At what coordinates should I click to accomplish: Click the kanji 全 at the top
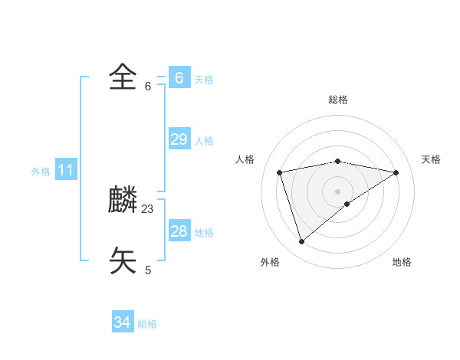(x=123, y=77)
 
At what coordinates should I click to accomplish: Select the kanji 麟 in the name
(x=123, y=201)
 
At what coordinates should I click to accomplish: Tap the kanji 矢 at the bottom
(x=123, y=260)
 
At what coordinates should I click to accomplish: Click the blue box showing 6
(x=179, y=78)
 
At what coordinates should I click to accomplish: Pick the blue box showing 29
(x=179, y=139)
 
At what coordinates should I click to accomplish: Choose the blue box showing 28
(x=179, y=231)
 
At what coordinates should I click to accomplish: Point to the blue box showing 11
(x=65, y=170)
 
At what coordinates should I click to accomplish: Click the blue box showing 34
(x=122, y=322)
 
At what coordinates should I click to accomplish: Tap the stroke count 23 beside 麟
(x=148, y=208)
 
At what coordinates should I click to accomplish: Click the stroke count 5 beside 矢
(x=148, y=270)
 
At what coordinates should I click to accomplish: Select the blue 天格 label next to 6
(x=204, y=80)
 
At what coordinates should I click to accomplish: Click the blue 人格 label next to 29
(x=204, y=141)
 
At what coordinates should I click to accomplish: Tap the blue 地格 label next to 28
(x=204, y=233)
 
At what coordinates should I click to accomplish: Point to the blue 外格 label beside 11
(x=41, y=172)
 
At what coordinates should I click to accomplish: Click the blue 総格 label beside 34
(x=147, y=324)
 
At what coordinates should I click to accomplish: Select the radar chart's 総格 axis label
(x=337, y=100)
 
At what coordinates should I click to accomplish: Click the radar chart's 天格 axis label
(x=431, y=159)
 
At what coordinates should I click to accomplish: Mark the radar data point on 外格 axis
(x=301, y=242)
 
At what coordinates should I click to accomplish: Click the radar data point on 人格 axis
(x=280, y=172)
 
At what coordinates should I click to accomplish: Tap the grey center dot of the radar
(x=337, y=191)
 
